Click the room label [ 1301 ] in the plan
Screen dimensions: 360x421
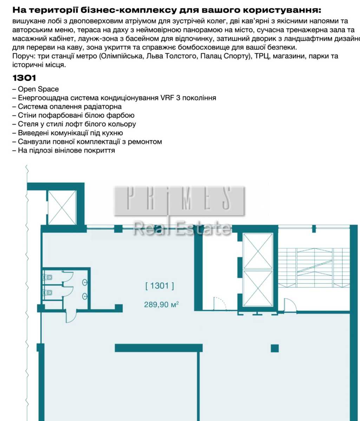click(x=159, y=286)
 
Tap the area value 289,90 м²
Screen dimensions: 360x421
click(x=161, y=305)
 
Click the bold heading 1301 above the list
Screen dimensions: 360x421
click(x=24, y=78)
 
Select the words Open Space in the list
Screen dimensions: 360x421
click(x=38, y=89)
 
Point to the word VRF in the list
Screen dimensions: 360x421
click(x=167, y=98)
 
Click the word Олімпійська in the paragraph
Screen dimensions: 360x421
click(x=122, y=56)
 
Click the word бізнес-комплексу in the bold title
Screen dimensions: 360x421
click(x=129, y=10)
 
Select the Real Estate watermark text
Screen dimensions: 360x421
click(x=182, y=228)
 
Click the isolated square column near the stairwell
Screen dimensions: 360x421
click(x=275, y=348)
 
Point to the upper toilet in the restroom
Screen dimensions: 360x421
click(x=48, y=277)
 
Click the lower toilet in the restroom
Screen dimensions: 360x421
click(x=48, y=293)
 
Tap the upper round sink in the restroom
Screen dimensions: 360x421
click(x=85, y=282)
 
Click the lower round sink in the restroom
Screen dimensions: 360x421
click(x=85, y=296)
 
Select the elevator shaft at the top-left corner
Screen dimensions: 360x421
click(x=62, y=208)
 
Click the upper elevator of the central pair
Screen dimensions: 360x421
click(x=258, y=251)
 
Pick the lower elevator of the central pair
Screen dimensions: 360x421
click(x=258, y=288)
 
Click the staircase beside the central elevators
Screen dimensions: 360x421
click(x=314, y=267)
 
